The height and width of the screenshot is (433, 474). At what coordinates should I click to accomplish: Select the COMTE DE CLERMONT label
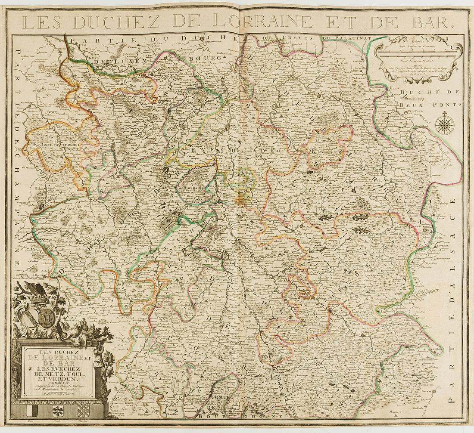point(54,145)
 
